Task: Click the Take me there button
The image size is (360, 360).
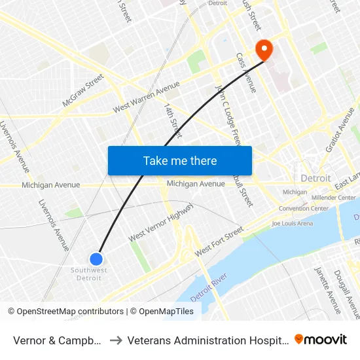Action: (180, 160)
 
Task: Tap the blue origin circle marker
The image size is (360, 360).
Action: (97, 259)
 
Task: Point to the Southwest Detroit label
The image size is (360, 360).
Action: (89, 274)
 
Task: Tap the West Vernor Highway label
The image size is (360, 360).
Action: (160, 223)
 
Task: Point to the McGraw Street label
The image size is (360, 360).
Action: (83, 90)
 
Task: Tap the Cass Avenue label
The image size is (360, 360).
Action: (246, 73)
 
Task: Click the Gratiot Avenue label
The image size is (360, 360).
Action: (338, 129)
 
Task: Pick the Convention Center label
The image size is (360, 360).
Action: (303, 208)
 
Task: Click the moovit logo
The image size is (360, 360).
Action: (321, 339)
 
